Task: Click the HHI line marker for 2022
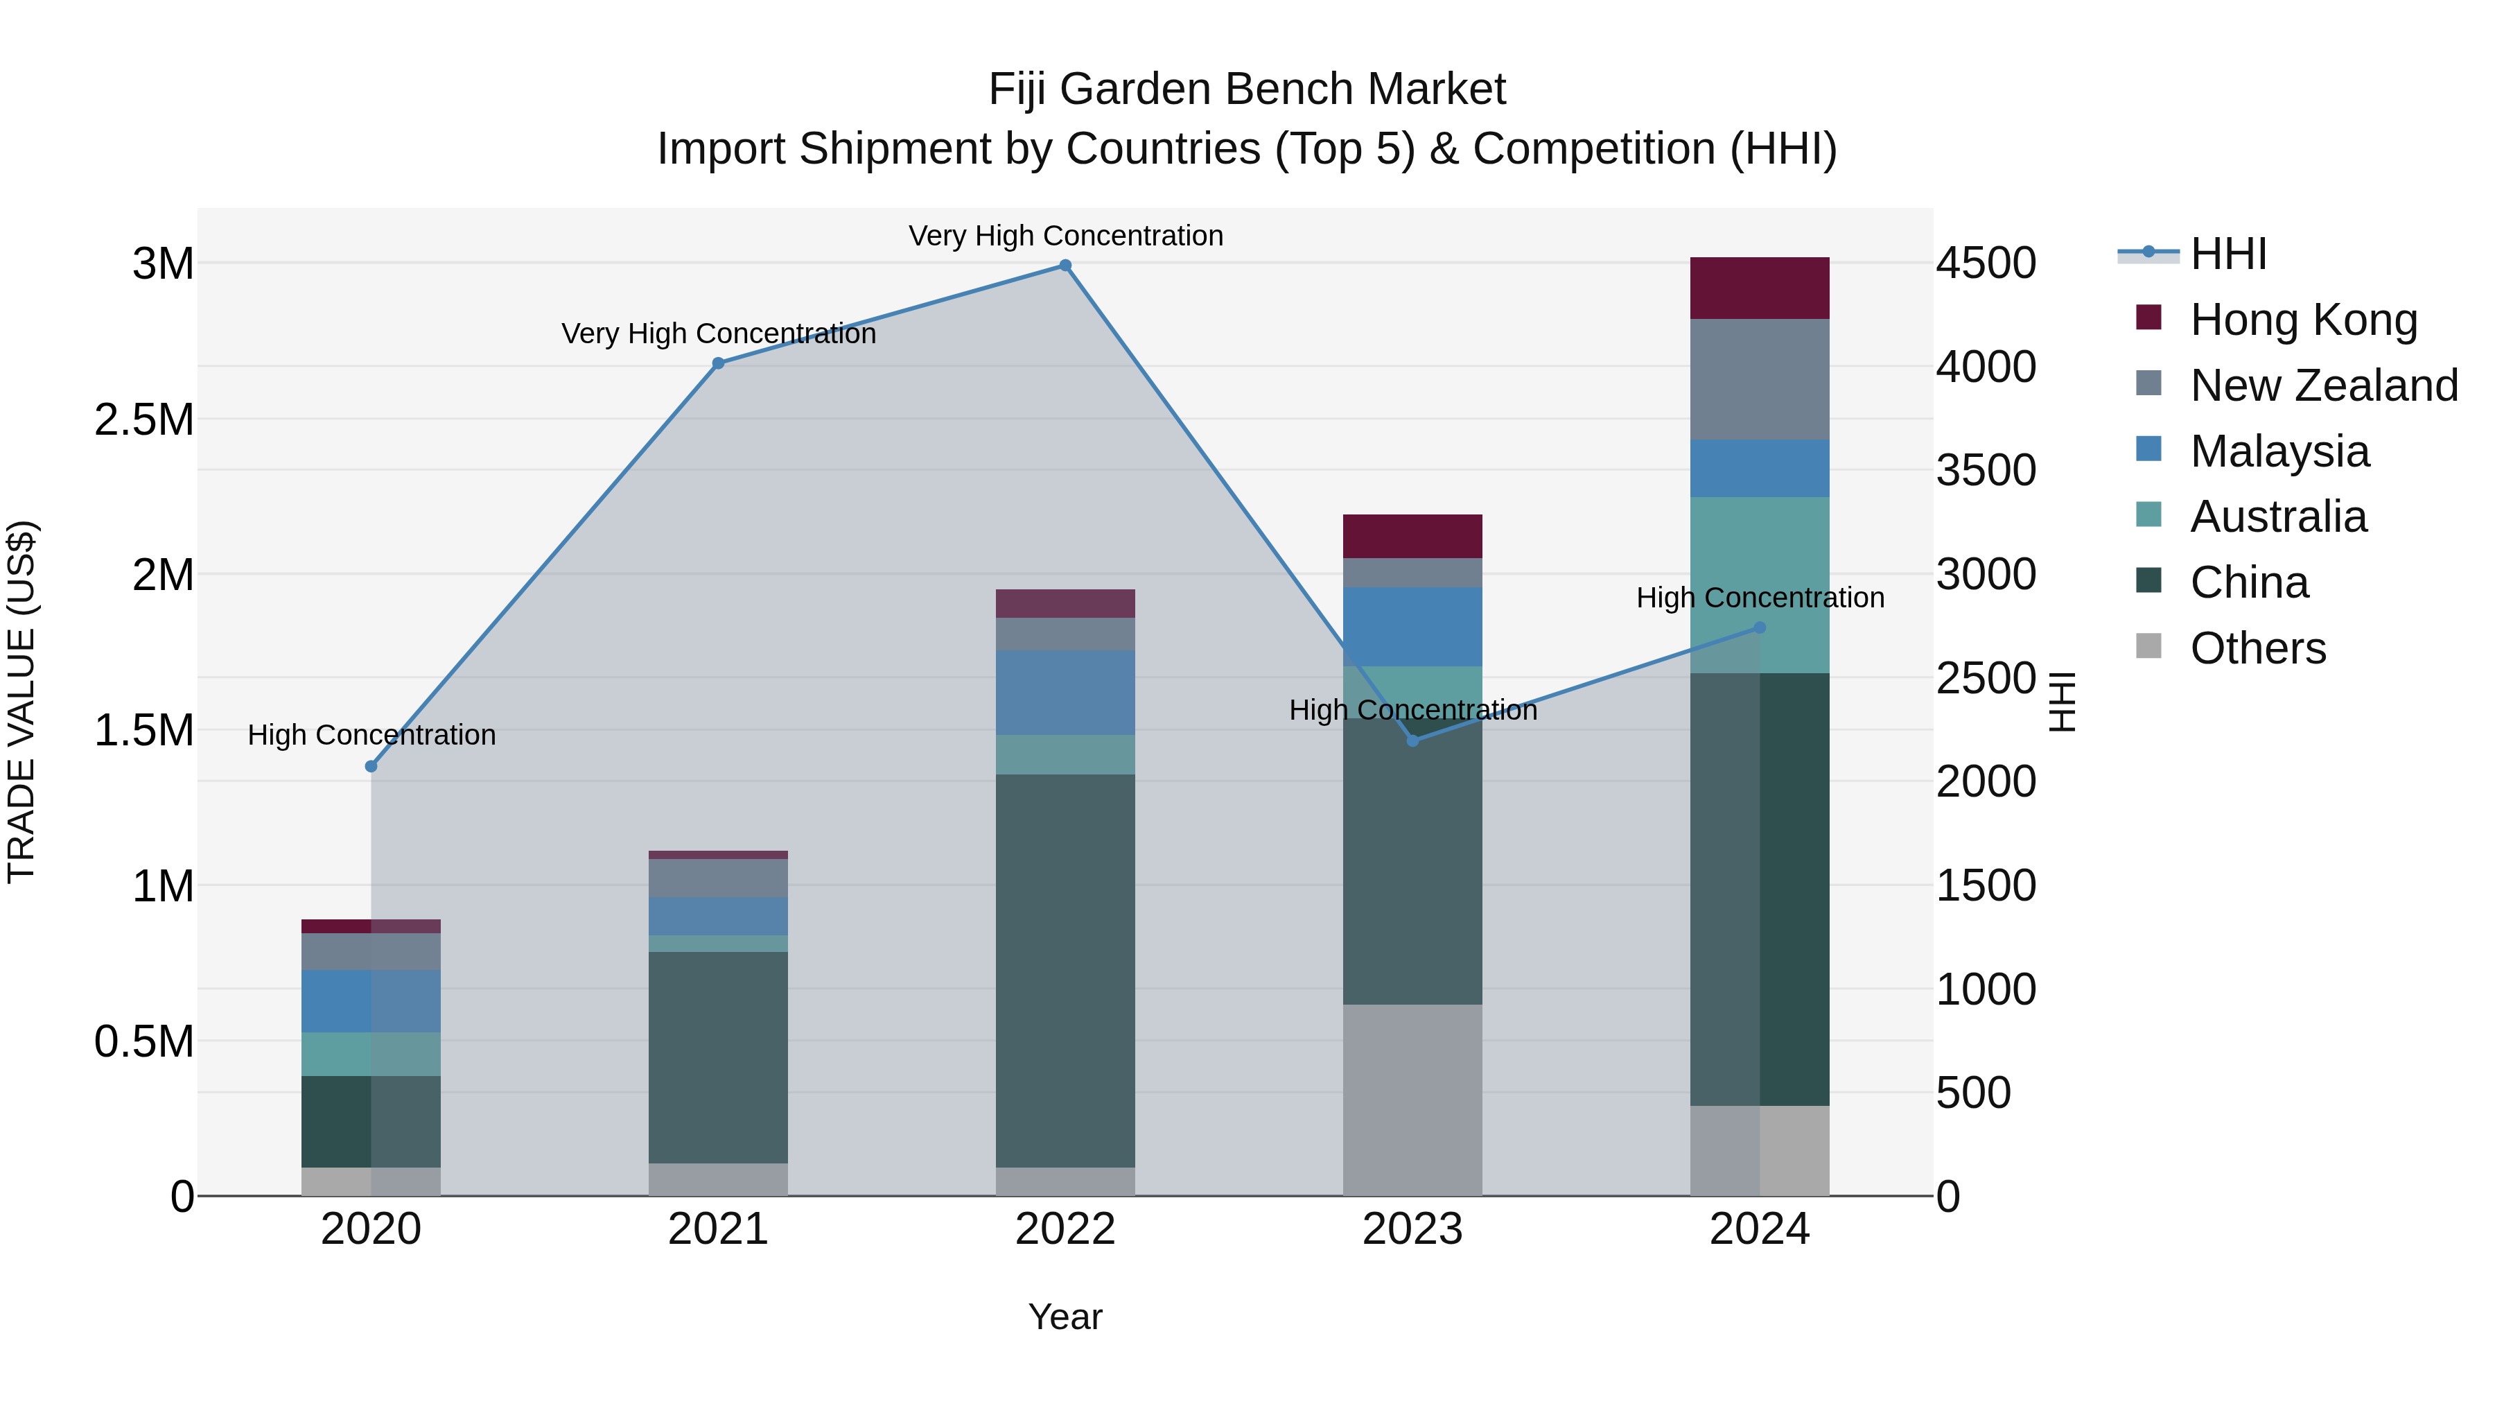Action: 1065,266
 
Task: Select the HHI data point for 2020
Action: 371,766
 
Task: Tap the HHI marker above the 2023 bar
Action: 1412,740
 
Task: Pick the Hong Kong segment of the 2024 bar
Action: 1759,288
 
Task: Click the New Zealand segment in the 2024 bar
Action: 1759,379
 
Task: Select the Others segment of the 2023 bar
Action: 1412,1100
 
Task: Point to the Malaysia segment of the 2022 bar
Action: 1065,692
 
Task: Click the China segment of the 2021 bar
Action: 718,1056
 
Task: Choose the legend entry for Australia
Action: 2278,517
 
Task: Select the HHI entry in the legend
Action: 2227,254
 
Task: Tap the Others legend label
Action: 2258,648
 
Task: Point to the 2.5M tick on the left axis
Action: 143,419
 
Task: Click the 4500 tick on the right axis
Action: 1986,263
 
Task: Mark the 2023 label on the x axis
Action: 1412,1229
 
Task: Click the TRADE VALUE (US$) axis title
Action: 21,702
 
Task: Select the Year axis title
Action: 1065,1317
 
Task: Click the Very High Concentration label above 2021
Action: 718,333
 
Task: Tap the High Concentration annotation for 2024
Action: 1759,598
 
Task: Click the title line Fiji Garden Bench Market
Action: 1247,89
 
